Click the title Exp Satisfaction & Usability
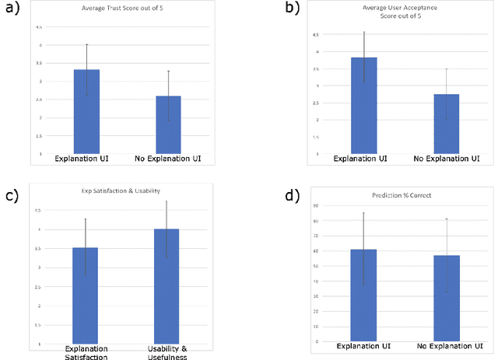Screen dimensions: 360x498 [126, 190]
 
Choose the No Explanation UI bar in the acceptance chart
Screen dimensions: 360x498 [446, 124]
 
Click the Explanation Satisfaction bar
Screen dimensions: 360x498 [86, 295]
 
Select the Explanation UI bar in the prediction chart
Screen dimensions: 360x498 [363, 295]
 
